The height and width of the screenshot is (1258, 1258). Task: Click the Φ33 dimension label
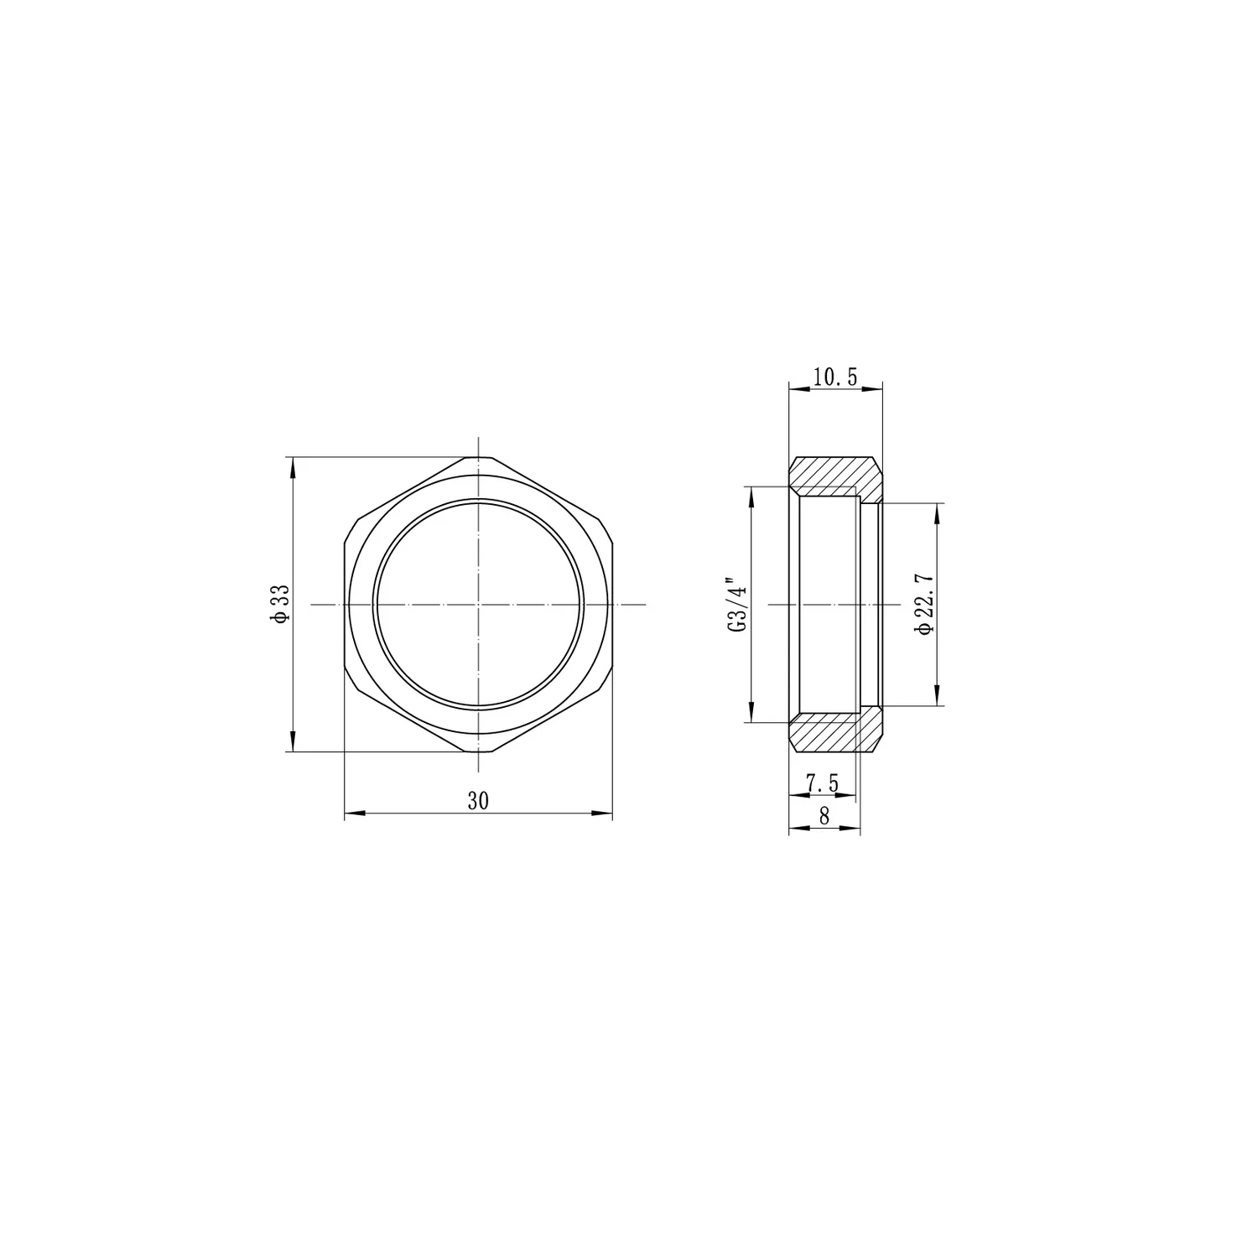tap(280, 604)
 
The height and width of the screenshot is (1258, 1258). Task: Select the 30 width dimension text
tap(478, 801)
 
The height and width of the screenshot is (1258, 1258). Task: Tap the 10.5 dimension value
tap(835, 377)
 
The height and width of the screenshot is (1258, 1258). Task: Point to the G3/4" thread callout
tap(736, 605)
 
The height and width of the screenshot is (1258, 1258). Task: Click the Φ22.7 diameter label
tap(925, 605)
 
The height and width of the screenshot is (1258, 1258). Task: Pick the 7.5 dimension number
tap(822, 782)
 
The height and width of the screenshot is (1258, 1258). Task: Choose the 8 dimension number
tap(824, 816)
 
